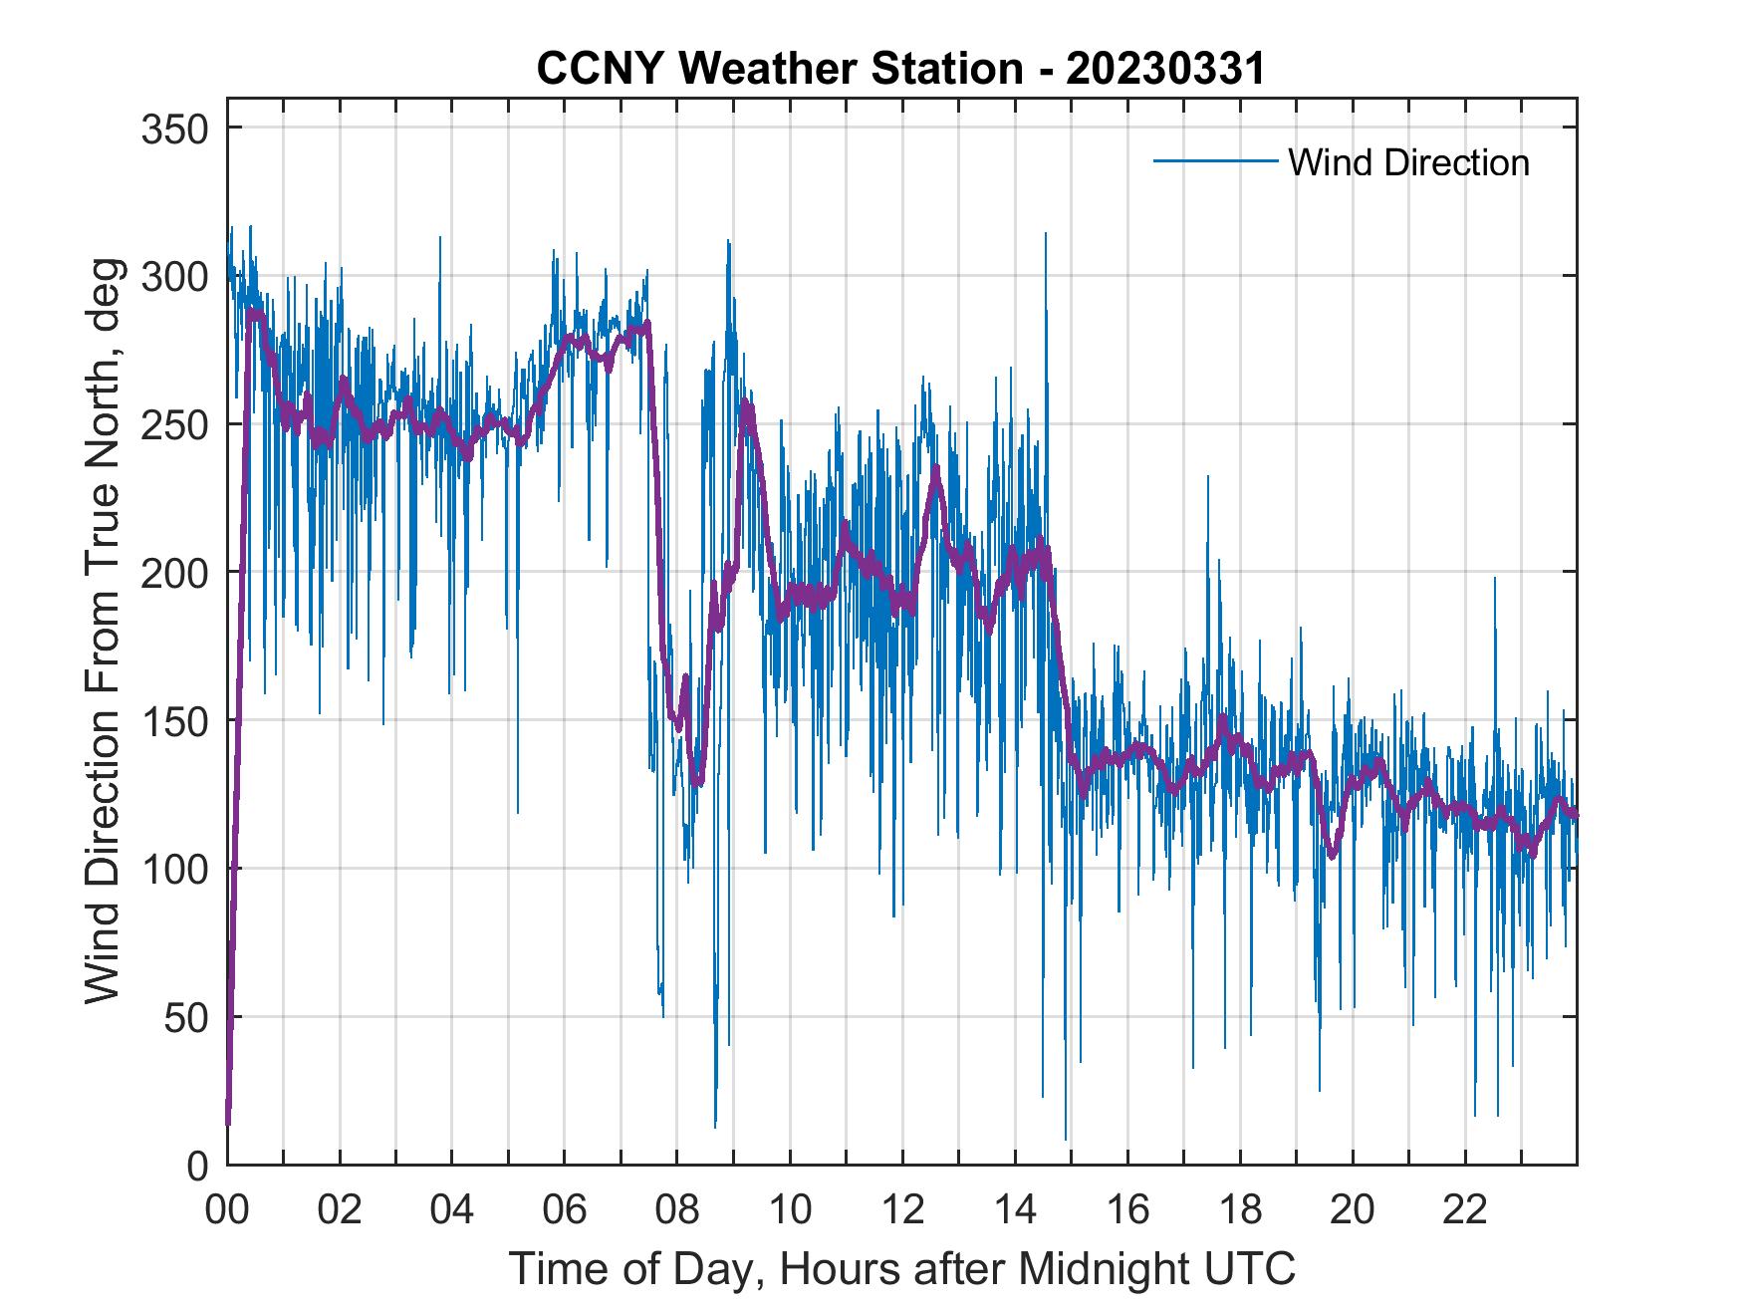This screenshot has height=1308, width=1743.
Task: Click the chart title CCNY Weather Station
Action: (x=779, y=69)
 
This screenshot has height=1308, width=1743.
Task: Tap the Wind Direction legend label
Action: (x=1408, y=162)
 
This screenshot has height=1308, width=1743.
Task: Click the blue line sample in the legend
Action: (x=1215, y=161)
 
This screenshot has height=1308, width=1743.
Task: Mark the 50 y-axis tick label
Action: (x=184, y=1017)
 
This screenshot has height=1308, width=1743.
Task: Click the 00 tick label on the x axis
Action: (x=227, y=1211)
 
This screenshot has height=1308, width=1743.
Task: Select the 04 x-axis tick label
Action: (x=452, y=1211)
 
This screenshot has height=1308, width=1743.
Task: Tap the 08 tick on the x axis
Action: (x=677, y=1211)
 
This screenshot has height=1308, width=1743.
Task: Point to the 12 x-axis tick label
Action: (x=902, y=1211)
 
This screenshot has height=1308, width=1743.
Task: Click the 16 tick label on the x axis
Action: (x=1127, y=1211)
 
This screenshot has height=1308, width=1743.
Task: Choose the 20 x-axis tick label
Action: (x=1353, y=1211)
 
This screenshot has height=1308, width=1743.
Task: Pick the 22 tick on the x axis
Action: (x=1465, y=1211)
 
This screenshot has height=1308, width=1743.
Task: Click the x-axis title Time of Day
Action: (x=902, y=1269)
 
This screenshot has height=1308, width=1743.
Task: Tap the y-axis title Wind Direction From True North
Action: (x=103, y=631)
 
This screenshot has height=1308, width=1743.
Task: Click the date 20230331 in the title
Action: (x=1164, y=69)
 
